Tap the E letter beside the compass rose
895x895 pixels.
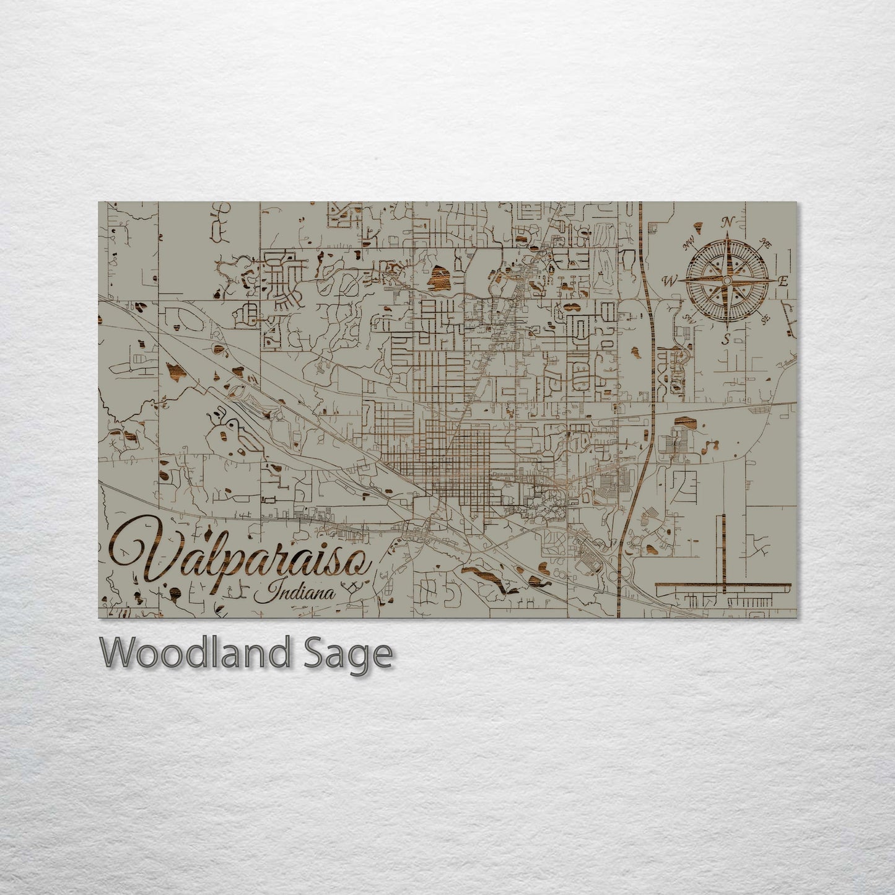click(x=782, y=281)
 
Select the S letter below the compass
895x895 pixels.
click(x=727, y=338)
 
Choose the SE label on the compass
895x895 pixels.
click(x=765, y=319)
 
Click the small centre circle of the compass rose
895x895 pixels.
click(x=727, y=281)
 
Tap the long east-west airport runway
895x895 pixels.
click(x=723, y=585)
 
